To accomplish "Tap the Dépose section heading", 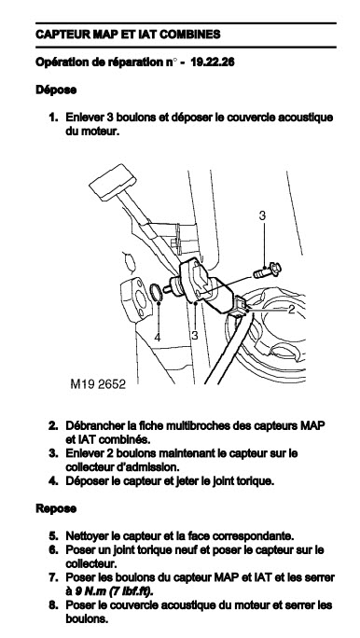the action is pos(56,90).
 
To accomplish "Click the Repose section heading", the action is pos(56,508).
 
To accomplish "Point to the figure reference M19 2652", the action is pos(98,384).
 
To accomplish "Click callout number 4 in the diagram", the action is pos(158,337).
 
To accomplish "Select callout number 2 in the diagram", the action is pos(291,310).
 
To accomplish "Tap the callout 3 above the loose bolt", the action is pos(262,215).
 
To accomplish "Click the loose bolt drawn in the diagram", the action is pos(268,270).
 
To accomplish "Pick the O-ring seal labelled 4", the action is pos(156,293).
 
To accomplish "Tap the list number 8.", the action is pos(54,605).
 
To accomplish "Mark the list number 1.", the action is pos(54,118).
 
